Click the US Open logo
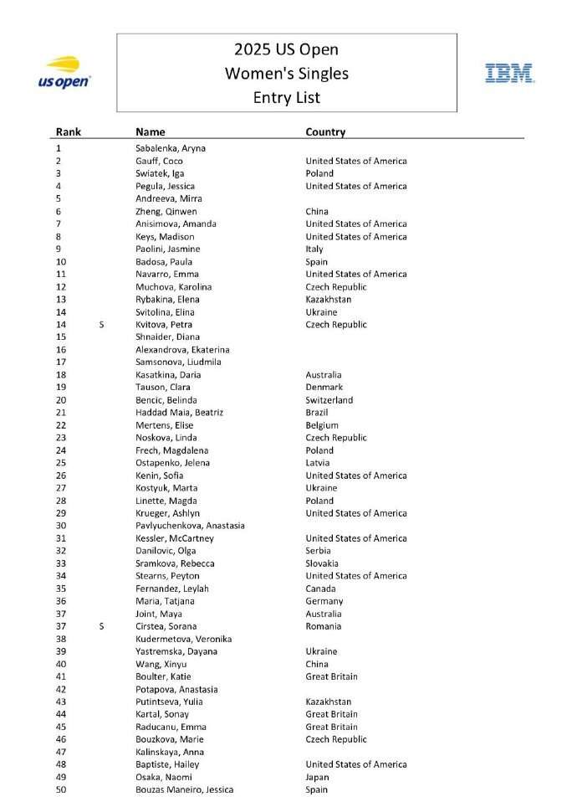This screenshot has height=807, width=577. (x=64, y=73)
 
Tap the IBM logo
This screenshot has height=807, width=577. (x=509, y=73)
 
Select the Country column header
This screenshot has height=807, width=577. (x=325, y=131)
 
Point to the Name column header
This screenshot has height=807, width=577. (x=151, y=131)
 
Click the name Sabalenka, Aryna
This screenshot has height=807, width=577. (x=171, y=148)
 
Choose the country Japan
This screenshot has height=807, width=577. (x=317, y=777)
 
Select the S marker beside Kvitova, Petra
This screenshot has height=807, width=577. (x=101, y=325)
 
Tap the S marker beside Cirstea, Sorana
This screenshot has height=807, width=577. (x=101, y=626)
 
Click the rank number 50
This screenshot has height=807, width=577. (x=61, y=789)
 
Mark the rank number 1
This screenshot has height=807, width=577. (x=59, y=148)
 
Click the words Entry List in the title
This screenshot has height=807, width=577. (x=287, y=97)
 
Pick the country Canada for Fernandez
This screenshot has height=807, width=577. (x=319, y=589)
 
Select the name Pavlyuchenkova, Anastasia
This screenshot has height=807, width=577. (x=190, y=526)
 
